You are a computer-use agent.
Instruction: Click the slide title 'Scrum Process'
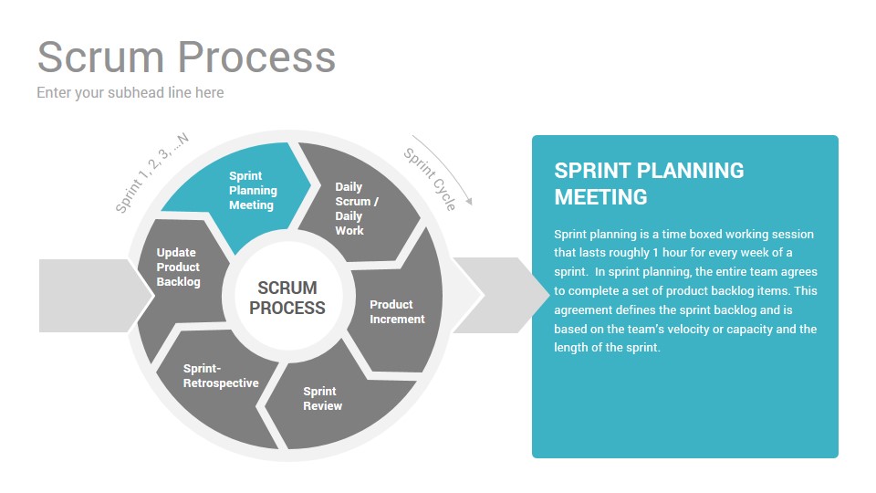click(x=186, y=57)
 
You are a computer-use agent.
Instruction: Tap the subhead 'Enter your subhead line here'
click(x=130, y=93)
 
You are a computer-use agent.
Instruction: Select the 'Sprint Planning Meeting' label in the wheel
click(x=253, y=191)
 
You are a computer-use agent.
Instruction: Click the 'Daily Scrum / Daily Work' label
click(x=357, y=208)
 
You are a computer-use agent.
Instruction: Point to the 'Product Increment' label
click(x=397, y=312)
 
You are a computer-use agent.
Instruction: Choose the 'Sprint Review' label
click(x=322, y=399)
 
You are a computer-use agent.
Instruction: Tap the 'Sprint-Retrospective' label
click(x=221, y=375)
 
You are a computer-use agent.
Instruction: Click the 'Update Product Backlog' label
click(x=178, y=267)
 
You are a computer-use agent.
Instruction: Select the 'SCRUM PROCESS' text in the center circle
click(x=287, y=298)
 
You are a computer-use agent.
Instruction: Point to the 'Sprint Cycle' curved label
click(x=430, y=180)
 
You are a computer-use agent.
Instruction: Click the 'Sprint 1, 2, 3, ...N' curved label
click(x=151, y=173)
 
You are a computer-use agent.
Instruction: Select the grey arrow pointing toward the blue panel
click(x=501, y=296)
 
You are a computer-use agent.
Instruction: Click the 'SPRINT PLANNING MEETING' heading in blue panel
click(x=649, y=184)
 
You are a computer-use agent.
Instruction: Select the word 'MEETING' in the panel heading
click(x=600, y=197)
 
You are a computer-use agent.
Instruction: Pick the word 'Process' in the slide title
click(x=257, y=57)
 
